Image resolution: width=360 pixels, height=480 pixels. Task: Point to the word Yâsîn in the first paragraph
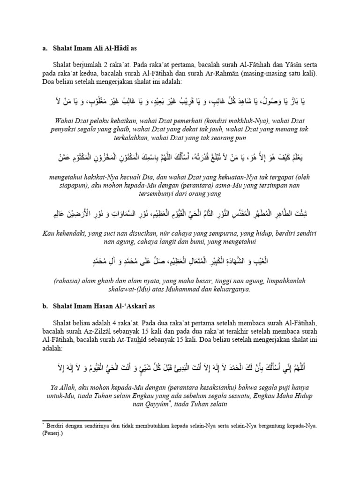pyautogui.click(x=277, y=65)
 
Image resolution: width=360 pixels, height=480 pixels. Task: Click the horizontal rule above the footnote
pyautogui.click(x=77, y=420)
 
